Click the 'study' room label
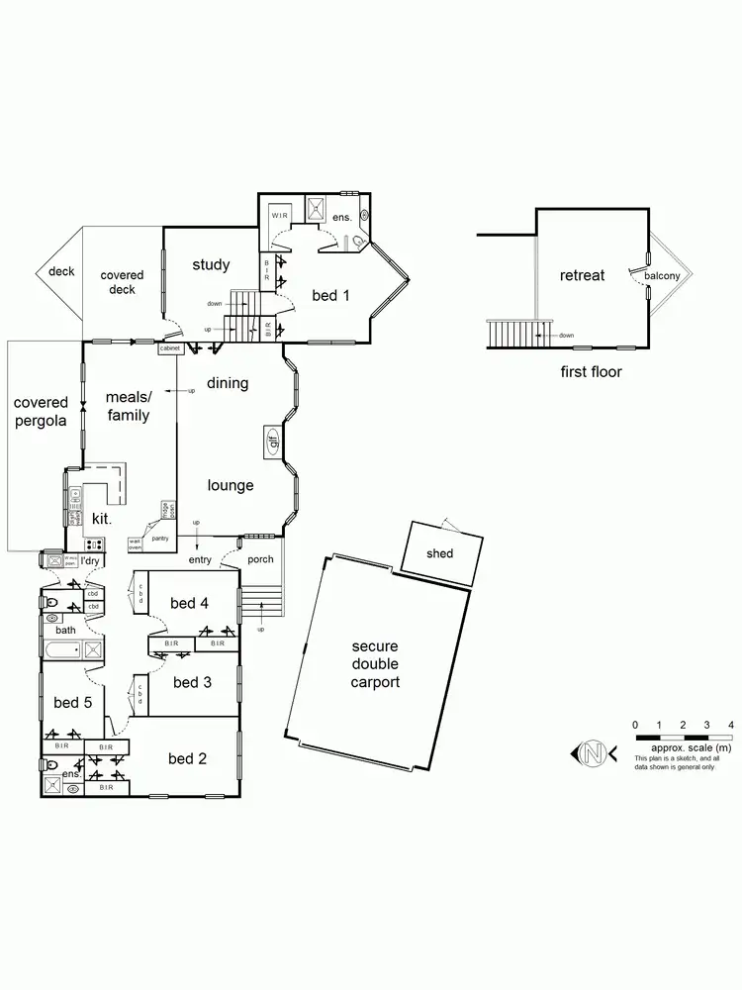coord(211,264)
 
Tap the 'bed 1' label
coord(330,295)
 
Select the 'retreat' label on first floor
coord(582,275)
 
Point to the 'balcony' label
coord(662,276)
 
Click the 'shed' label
coord(440,553)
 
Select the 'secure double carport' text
coord(375,664)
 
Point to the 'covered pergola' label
coord(41,411)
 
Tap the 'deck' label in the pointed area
coord(61,271)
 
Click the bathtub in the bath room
coord(61,650)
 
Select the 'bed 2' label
coord(187,758)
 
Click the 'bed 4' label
coord(189,602)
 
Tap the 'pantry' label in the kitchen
coord(160,538)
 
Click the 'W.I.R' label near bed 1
coord(280,217)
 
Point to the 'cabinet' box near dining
coord(169,348)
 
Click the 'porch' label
coord(260,559)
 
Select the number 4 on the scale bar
coord(730,726)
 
